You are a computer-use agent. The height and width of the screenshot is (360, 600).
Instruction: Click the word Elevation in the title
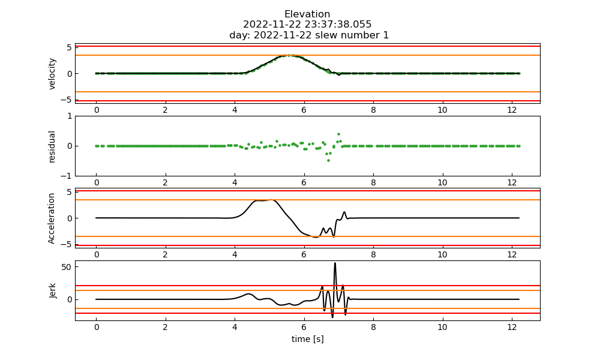pos(307,14)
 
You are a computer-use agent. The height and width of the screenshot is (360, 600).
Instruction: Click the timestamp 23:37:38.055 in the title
pos(338,25)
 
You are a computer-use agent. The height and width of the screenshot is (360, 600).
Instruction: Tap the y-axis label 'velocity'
pos(52,74)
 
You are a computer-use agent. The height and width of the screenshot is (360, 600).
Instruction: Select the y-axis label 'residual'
pos(52,146)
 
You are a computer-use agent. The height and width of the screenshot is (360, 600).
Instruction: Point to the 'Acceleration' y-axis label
pos(52,218)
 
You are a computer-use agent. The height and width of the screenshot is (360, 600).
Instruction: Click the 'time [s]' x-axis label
pos(307,339)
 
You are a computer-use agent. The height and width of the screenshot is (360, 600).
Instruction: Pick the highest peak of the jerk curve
pos(335,263)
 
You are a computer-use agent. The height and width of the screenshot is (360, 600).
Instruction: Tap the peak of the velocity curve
pos(290,55)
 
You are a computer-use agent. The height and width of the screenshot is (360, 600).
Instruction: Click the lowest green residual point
pos(328,160)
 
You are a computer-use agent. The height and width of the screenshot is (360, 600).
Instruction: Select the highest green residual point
pos(338,134)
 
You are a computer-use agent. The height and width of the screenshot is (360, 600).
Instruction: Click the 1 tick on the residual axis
pos(70,116)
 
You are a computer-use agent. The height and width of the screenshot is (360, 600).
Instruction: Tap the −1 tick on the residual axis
pos(67,176)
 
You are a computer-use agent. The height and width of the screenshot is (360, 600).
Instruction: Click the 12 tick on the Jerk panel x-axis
pos(512,328)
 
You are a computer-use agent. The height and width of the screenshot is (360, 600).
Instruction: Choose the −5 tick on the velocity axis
pos(67,100)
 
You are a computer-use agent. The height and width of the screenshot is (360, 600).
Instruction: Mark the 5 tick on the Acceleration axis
pos(70,192)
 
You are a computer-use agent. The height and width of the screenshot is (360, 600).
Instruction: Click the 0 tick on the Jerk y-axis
pos(70,299)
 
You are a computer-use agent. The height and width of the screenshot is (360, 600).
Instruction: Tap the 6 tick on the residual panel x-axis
pos(304,183)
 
